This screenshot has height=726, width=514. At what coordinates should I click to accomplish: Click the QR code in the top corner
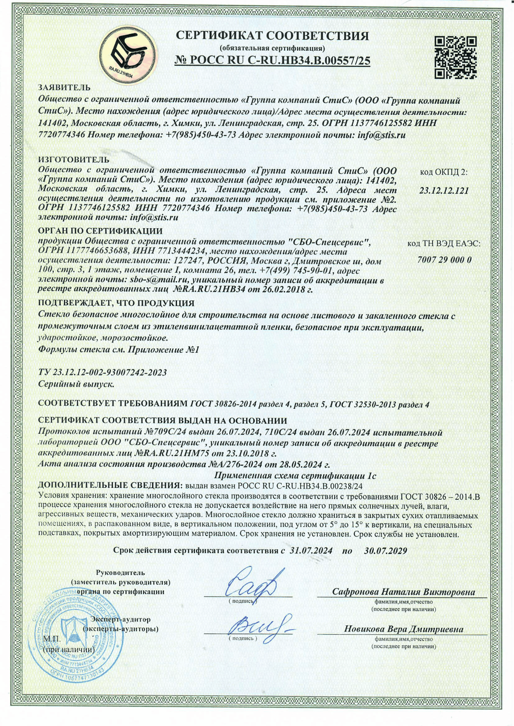456,57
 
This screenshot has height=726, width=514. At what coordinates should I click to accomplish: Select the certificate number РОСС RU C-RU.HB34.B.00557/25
272,61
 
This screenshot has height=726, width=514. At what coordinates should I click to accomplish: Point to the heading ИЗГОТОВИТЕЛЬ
74,159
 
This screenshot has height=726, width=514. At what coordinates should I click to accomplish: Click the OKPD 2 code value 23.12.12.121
444,191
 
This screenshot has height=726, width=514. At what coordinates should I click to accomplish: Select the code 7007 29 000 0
444,260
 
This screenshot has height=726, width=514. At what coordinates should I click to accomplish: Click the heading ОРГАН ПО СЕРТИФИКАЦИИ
100,231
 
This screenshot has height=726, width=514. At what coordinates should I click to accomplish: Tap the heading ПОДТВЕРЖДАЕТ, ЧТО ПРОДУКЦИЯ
116,303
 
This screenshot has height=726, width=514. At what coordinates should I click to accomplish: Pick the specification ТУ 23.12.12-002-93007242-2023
103,372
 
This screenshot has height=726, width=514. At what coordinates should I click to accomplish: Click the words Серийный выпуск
76,383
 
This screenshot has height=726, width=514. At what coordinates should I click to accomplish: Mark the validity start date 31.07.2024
311,550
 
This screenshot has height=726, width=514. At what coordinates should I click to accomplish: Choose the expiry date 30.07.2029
385,550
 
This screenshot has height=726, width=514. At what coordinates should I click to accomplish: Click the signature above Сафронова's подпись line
254,583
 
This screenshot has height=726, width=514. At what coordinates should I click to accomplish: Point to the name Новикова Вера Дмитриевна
403,629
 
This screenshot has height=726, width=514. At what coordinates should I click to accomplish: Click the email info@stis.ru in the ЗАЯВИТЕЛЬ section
381,135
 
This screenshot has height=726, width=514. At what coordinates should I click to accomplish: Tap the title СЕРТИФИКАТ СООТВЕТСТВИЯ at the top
272,36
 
